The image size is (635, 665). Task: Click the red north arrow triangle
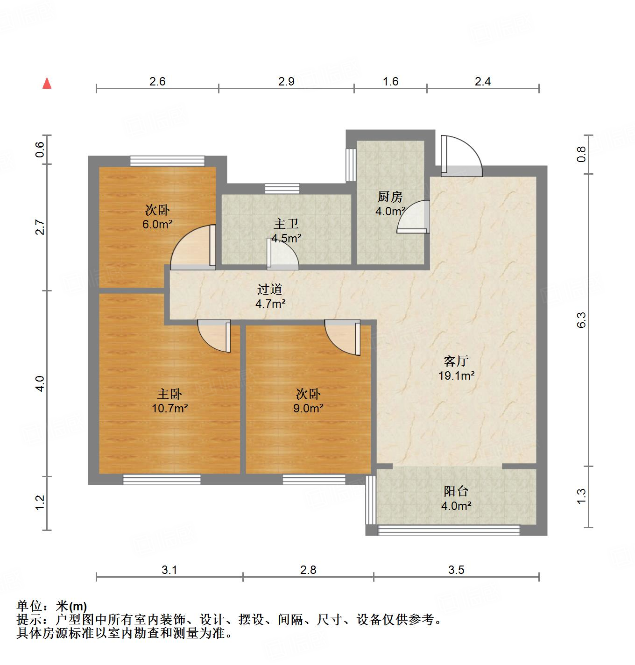(x=47, y=83)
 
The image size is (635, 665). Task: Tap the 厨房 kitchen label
(x=390, y=197)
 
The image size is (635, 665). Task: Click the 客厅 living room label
(x=456, y=361)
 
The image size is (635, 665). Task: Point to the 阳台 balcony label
(x=456, y=491)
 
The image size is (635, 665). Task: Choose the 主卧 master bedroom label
(x=169, y=394)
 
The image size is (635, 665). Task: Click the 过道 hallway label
(x=270, y=290)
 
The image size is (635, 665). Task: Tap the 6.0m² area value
(x=158, y=225)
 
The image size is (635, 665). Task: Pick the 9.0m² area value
(x=308, y=409)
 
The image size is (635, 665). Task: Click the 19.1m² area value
(x=456, y=375)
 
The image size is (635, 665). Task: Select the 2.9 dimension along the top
(x=286, y=82)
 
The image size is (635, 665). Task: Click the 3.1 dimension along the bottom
(x=169, y=570)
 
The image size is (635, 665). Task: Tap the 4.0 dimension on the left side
(x=40, y=383)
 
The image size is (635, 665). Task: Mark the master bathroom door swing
(x=282, y=255)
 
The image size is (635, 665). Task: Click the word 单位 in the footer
(x=30, y=606)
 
